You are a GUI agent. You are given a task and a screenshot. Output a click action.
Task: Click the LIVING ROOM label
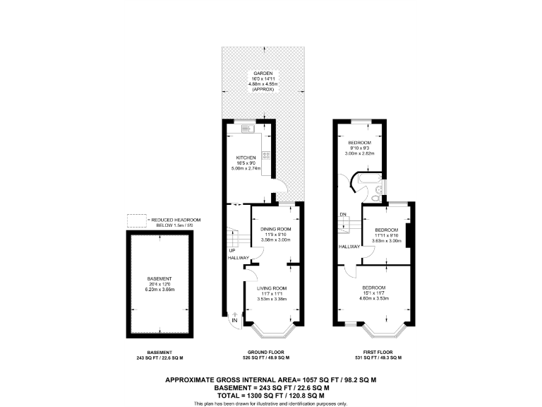(x=272, y=288)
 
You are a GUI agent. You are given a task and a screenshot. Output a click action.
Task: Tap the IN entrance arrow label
(x=234, y=322)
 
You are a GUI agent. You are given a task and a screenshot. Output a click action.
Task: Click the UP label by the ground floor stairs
(x=231, y=251)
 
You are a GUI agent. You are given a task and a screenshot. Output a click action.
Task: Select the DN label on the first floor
(x=342, y=214)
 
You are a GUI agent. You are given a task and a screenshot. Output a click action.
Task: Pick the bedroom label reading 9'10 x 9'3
(x=359, y=143)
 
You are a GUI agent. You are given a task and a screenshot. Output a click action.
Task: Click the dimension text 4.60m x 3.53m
(x=374, y=298)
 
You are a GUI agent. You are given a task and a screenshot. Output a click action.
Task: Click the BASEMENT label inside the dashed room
(x=159, y=278)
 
